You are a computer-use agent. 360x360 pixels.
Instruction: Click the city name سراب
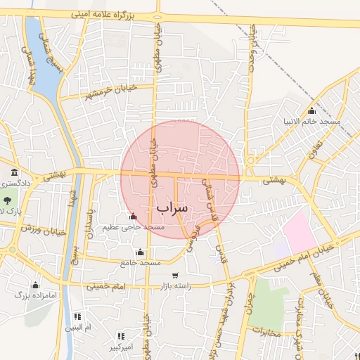173,208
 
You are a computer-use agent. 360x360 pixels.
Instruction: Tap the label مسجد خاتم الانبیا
311,122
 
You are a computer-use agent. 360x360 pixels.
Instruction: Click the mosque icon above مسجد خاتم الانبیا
312,111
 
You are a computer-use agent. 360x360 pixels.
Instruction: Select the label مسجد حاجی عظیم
133,227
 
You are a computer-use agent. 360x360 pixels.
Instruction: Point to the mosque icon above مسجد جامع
140,252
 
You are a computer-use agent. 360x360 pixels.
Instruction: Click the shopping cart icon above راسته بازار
174,276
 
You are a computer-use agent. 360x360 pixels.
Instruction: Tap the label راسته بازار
174,286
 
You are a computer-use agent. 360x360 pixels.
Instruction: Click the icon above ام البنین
77,317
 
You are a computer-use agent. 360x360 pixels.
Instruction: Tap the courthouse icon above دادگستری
14,173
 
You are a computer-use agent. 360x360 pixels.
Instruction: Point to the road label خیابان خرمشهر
108,91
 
